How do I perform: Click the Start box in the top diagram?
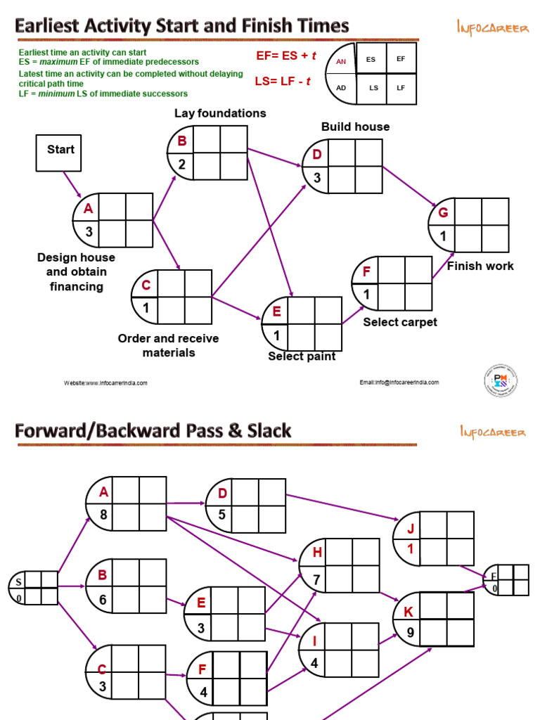tap(58, 153)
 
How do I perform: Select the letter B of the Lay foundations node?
tap(181, 141)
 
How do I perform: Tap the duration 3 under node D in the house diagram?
tap(316, 179)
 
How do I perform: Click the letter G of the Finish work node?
tap(442, 212)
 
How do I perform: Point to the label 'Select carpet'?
tap(399, 322)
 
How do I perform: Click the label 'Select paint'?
tap(302, 356)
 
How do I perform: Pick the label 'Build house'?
tap(355, 127)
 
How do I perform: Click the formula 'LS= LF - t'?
tap(283, 82)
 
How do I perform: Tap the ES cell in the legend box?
tap(371, 59)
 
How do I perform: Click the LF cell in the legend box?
tap(401, 88)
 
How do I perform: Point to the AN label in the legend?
tap(342, 62)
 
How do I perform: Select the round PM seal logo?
tap(500, 381)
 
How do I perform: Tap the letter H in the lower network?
tap(317, 553)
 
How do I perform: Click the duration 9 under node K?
tap(410, 632)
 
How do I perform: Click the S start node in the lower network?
tap(18, 581)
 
